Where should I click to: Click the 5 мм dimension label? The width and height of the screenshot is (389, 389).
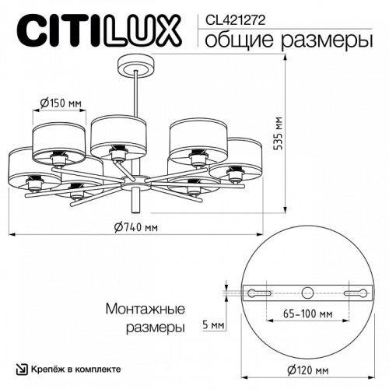(213, 323)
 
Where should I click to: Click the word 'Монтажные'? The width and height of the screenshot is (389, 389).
(145, 309)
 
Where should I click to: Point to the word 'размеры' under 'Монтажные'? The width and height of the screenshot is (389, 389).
(156, 328)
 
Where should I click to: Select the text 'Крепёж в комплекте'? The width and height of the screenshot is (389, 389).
(81, 370)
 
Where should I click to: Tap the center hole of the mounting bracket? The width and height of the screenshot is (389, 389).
(307, 293)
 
